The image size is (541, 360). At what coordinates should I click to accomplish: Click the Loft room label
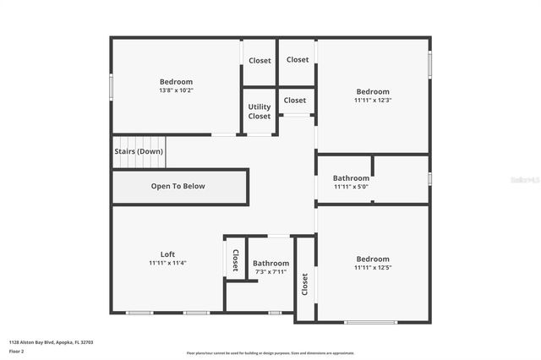167,254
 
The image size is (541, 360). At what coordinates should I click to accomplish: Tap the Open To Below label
178,186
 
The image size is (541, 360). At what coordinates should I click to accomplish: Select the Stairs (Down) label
139,151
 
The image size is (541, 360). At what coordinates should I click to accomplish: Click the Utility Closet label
260,112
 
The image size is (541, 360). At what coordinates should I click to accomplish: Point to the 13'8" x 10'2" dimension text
176,90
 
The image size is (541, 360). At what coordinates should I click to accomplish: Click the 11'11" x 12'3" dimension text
373,101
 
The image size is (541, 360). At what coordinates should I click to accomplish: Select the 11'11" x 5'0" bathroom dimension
350,187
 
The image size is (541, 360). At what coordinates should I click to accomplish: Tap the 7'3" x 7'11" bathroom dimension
270,272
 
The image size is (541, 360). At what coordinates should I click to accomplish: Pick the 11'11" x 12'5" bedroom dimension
373,268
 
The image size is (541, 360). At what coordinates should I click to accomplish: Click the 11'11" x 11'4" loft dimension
167,263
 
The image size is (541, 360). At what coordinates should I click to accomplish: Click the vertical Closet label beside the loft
235,259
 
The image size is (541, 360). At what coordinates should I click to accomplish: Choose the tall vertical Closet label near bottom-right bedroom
304,285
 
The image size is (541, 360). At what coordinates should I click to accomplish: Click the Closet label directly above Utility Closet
260,61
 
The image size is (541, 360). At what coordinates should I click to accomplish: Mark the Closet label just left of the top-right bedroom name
295,101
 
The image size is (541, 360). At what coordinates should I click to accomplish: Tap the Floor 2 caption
17,351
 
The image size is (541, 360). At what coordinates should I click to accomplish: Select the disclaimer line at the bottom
270,352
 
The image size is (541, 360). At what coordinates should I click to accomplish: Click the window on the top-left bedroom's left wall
111,87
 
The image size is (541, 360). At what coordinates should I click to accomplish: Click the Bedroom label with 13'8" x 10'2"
176,82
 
